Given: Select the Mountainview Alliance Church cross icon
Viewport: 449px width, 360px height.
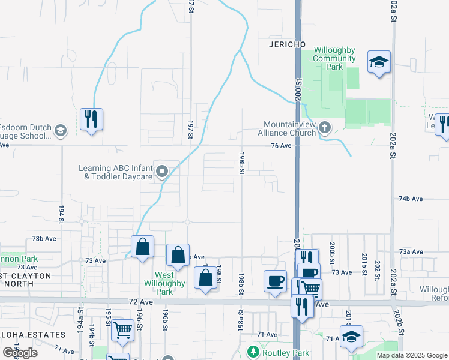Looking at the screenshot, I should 325,127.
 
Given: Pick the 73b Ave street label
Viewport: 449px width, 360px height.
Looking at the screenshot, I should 44,238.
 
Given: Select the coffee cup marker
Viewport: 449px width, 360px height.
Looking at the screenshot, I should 276,280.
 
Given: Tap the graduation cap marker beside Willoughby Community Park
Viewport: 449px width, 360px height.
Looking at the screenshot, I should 379,61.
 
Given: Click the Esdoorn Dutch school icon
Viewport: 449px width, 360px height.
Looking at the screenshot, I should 60,130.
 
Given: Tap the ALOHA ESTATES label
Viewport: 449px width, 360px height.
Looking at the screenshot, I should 32,335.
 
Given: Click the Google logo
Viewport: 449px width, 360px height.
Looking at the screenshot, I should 20,353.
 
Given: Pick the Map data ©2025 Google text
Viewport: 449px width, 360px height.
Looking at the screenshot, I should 411,355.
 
